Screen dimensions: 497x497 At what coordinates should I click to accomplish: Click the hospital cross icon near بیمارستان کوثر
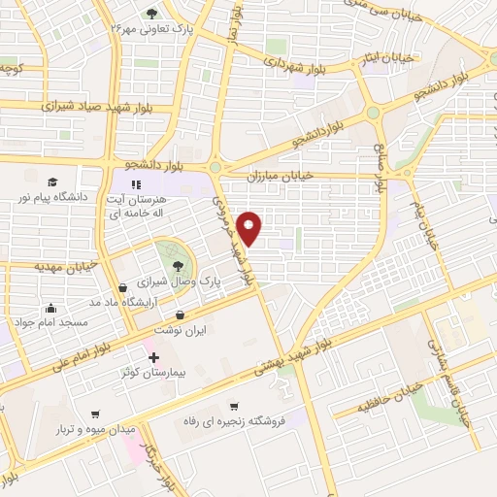coord(152,357)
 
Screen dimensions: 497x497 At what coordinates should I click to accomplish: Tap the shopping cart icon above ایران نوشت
coord(182,314)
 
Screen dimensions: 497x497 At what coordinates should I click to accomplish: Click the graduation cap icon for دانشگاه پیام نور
coord(51,182)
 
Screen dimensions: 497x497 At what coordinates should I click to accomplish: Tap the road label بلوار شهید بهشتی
coord(293,357)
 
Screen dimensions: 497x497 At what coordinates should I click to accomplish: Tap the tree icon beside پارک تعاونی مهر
coord(151,13)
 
